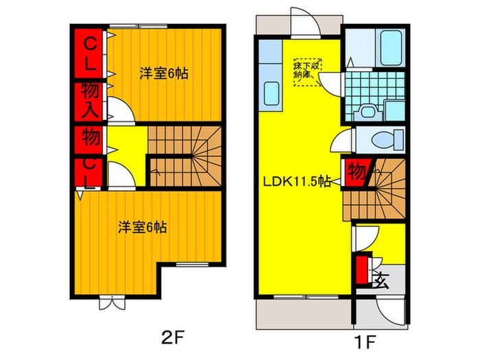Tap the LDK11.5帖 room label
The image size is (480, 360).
pyautogui.click(x=298, y=182)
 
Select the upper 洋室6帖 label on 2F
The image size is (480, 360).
pyautogui.click(x=165, y=73)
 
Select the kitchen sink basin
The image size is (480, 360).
pyautogui.click(x=270, y=93)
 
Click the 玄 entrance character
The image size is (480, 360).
pyautogui.click(x=381, y=281)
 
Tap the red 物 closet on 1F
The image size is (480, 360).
pyautogui.click(x=356, y=171)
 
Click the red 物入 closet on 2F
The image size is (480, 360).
pyautogui.click(x=90, y=99)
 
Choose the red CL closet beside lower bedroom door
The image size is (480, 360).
pyautogui.click(x=90, y=172)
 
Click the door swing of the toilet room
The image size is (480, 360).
pyautogui.click(x=341, y=143)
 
